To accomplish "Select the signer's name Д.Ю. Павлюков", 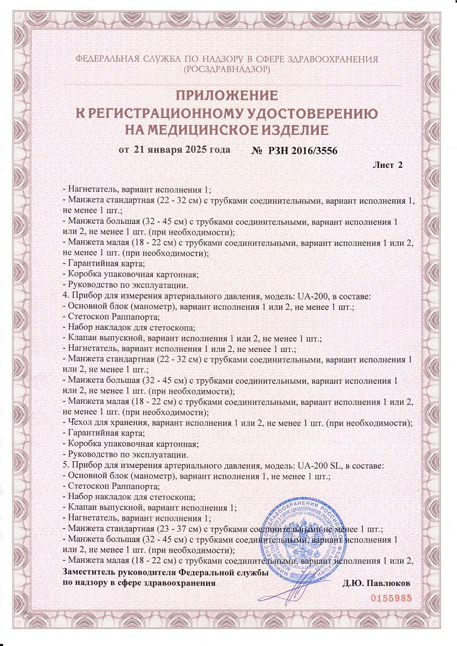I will [x=377, y=583].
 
